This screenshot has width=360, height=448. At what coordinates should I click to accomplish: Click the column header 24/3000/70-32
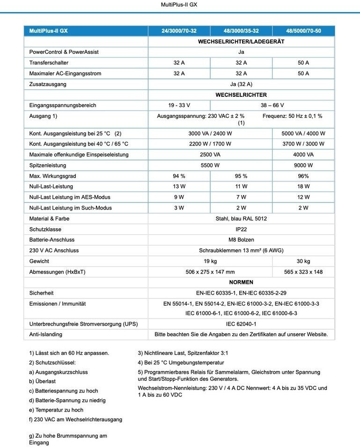pos(179,31)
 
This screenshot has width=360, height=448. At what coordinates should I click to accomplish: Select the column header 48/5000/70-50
pos(303,31)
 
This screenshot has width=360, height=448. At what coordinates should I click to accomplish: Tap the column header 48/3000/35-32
pos(241,31)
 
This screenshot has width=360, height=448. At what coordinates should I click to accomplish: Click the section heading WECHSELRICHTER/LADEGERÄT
pos(241,41)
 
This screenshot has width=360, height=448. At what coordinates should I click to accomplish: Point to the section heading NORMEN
pos(241,282)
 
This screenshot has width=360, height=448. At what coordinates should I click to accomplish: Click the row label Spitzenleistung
pos(48,165)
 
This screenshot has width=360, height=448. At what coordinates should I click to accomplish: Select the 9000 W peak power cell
pos(303,165)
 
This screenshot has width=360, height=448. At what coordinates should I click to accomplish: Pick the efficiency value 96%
pos(303,176)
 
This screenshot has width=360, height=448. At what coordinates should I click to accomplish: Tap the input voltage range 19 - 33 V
pos(179,105)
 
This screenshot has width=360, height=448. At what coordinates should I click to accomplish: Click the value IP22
pos(241,229)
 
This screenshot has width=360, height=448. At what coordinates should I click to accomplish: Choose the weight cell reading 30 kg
pos(303,261)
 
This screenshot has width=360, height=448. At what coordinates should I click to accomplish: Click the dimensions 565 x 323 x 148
pos(303,272)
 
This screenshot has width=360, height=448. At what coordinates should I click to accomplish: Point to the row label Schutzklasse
pos(45,229)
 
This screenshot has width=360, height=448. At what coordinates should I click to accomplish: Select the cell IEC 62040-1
pos(241,324)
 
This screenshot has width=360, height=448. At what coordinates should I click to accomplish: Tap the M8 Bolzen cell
pos(241,240)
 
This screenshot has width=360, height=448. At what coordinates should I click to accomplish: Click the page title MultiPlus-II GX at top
pos(180,5)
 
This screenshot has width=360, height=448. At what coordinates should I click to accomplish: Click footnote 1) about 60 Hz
pos(69,353)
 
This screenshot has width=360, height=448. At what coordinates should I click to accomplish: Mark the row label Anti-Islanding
pos(46,334)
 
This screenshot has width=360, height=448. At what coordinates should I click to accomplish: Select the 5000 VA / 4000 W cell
pos(303,133)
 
